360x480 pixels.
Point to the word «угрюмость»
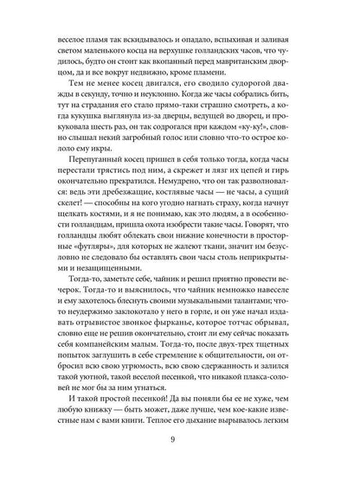coord(122,367)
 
